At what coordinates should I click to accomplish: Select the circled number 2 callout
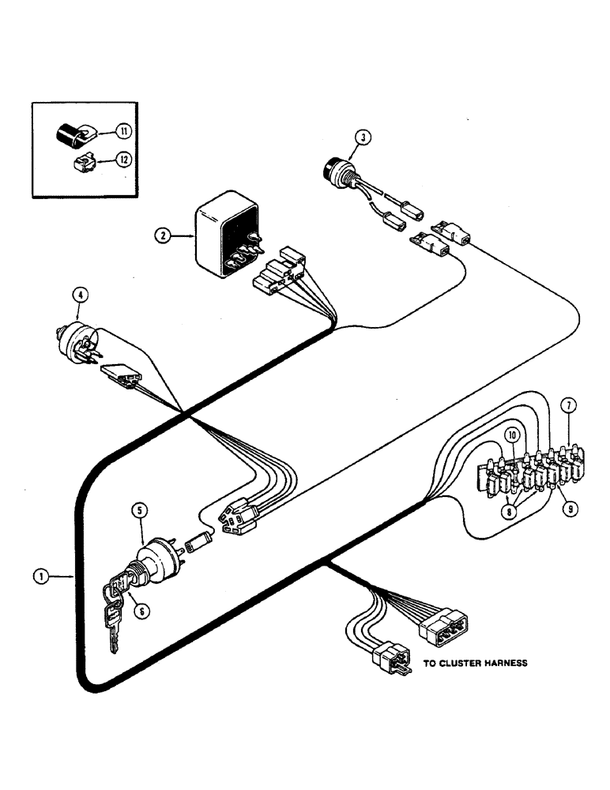(162, 235)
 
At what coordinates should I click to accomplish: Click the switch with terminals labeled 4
(80, 341)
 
